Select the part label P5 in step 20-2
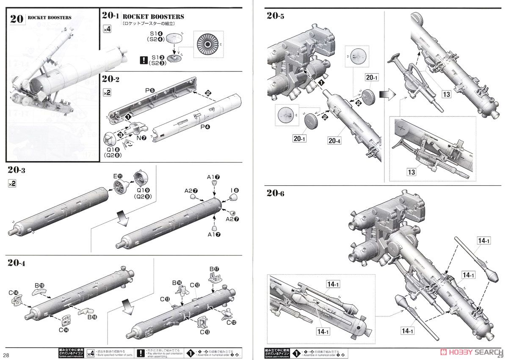tap(149, 90)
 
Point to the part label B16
tap(177, 283)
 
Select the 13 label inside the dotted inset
tap(411, 172)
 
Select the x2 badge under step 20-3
tap(12, 184)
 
